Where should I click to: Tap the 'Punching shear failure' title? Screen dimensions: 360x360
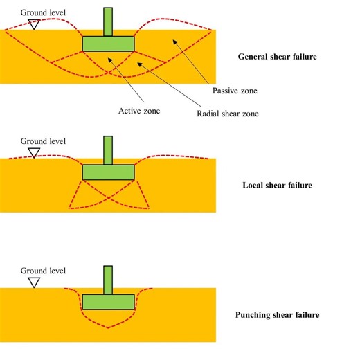(x=277, y=315)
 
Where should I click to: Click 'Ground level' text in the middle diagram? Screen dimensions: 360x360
(x=44, y=141)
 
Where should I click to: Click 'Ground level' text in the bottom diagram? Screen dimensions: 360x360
(x=44, y=271)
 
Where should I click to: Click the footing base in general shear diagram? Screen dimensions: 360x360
(x=108, y=44)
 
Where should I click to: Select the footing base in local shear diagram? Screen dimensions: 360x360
(x=108, y=172)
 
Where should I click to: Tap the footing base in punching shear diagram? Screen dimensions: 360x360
(x=108, y=301)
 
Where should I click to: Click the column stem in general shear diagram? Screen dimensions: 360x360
(x=108, y=21)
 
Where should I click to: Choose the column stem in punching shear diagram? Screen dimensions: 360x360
(x=108, y=279)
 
